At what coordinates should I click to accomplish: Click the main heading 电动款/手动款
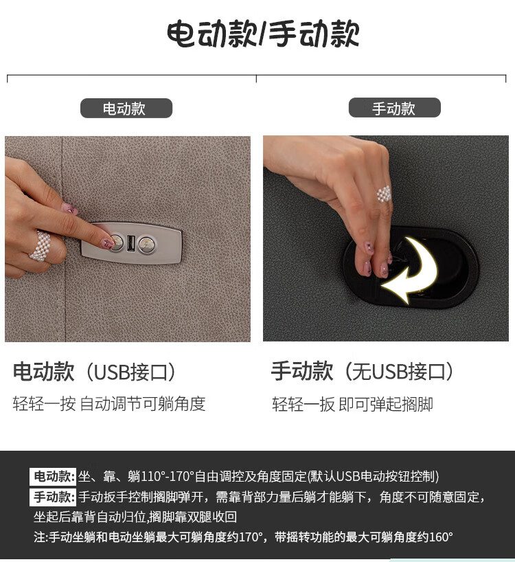tap(263, 34)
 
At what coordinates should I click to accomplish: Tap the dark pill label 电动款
tap(126, 109)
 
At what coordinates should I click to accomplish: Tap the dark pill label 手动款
tap(394, 108)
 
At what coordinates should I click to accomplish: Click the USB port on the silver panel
tap(130, 243)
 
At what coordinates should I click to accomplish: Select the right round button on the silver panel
tap(147, 245)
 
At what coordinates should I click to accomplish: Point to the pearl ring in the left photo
tap(41, 246)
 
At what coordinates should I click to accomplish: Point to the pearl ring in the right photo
tap(384, 194)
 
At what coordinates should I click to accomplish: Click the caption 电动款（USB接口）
tap(95, 372)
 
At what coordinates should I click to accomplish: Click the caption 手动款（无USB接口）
tap(363, 371)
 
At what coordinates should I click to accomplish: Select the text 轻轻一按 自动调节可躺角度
tap(109, 404)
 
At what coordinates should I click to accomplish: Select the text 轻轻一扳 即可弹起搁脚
tap(352, 404)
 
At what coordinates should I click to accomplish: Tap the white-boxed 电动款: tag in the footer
tap(53, 477)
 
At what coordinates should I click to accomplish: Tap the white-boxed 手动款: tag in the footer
tap(53, 497)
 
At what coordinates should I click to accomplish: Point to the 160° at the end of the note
tap(441, 537)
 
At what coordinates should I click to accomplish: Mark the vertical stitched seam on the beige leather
tap(63, 238)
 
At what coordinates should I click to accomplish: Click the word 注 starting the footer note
tap(39, 537)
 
